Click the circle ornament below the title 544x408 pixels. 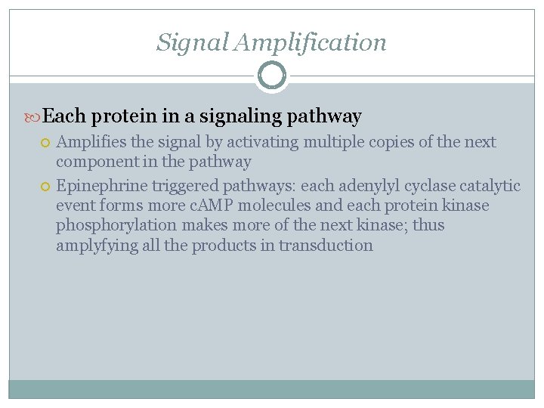click(x=272, y=76)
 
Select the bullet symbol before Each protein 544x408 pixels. click(x=34, y=117)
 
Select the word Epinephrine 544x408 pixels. click(x=102, y=186)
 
